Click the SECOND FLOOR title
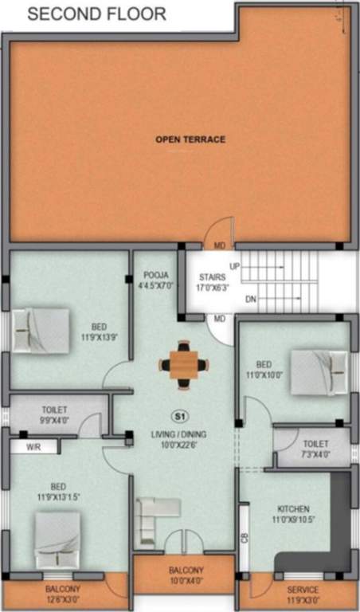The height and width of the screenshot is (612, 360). (97, 14)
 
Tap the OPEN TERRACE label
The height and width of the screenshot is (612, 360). (190, 139)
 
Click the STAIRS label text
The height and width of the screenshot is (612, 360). (211, 277)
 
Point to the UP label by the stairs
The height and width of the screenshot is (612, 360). (235, 265)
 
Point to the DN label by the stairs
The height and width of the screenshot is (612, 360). (251, 300)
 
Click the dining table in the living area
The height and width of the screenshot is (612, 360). (184, 365)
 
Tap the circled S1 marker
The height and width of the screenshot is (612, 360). (179, 415)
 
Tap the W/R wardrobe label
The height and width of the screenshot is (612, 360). (33, 447)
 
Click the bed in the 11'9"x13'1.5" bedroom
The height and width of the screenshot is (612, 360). (57, 539)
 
